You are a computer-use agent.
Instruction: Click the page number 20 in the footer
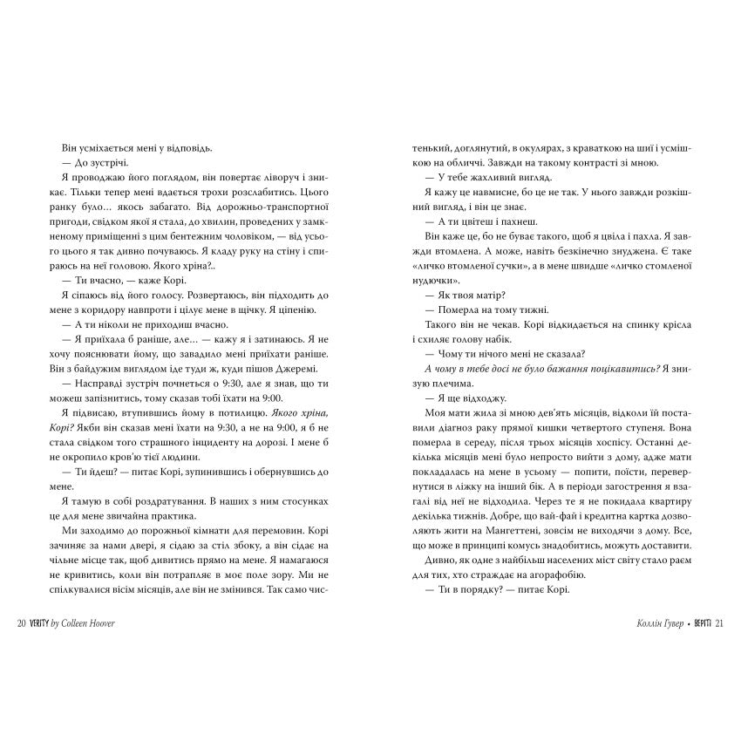(x=22, y=623)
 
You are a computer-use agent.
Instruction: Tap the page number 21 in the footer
(x=719, y=623)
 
